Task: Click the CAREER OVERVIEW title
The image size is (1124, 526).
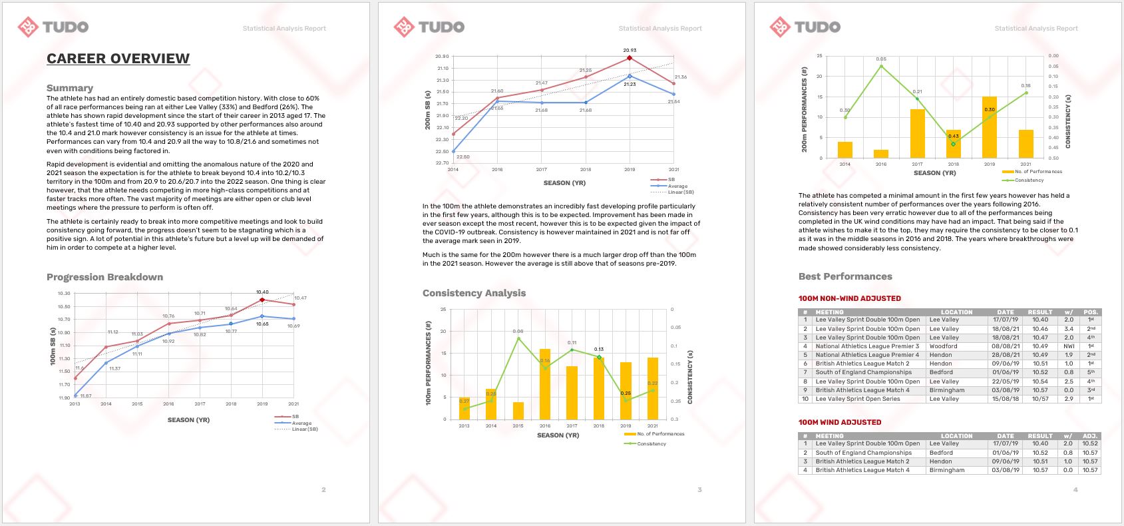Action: click(x=118, y=59)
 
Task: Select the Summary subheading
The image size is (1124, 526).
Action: click(x=70, y=88)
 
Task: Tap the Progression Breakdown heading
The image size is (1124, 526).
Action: click(x=104, y=277)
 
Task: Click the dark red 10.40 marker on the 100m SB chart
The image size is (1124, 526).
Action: click(x=262, y=300)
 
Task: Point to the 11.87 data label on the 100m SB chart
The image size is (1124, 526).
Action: click(x=86, y=396)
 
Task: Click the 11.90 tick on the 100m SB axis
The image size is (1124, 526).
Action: click(x=63, y=397)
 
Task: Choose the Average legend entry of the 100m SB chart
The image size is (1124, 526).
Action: click(x=301, y=423)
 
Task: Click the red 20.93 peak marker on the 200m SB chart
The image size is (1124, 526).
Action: click(x=630, y=59)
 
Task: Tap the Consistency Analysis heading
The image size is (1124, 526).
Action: click(x=474, y=293)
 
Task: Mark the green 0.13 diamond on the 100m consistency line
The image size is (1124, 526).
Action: click(x=599, y=358)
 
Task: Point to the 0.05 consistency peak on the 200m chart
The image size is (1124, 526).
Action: click(x=881, y=66)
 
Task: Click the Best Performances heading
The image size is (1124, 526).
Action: click(x=845, y=276)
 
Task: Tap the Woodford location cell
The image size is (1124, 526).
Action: click(x=943, y=346)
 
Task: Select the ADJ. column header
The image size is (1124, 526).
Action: click(x=1089, y=436)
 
